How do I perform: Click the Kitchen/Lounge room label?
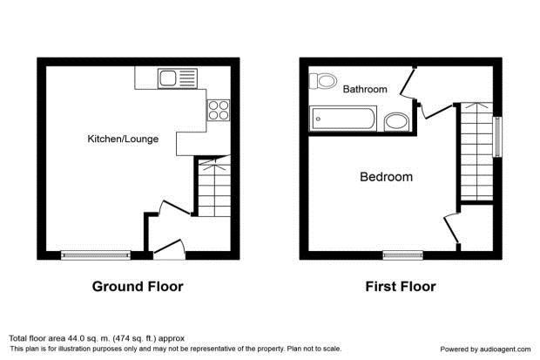tap(123, 139)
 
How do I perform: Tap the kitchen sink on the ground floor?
tap(178, 78)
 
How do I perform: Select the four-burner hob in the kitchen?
tap(219, 110)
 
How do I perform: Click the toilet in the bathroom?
tap(322, 81)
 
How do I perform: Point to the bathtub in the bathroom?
tap(343, 119)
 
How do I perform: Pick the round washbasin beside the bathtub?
tap(396, 122)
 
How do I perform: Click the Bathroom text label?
tap(365, 89)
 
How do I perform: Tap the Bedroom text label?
tap(386, 177)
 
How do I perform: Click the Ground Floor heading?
tap(138, 287)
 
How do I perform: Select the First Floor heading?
tap(401, 287)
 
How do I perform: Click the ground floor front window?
tap(96, 255)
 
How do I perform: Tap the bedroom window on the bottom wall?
tap(403, 255)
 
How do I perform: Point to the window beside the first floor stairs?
tap(497, 137)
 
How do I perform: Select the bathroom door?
tap(408, 82)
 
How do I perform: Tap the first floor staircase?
tap(476, 151)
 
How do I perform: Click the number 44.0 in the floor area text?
tap(78, 338)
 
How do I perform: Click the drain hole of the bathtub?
tap(318, 119)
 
